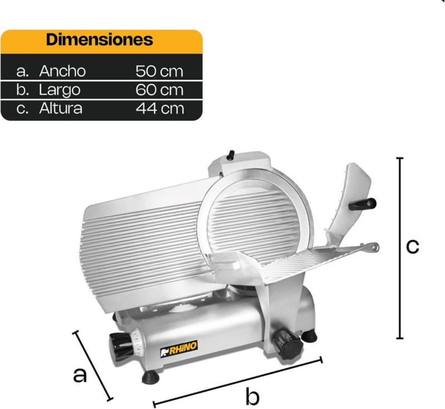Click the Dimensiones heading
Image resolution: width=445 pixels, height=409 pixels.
coord(100,39)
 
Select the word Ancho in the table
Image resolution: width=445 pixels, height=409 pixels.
coord(62,71)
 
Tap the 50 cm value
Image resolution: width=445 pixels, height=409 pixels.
coord(159,71)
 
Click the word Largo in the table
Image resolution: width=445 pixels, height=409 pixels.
coord(60,91)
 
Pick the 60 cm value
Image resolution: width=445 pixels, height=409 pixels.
coord(159,90)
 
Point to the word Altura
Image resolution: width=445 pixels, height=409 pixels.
coord(61,108)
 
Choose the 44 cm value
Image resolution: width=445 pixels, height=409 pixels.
coord(160,108)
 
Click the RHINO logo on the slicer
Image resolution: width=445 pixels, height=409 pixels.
coord(179,348)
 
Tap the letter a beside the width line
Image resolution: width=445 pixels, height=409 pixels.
coord(80,376)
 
